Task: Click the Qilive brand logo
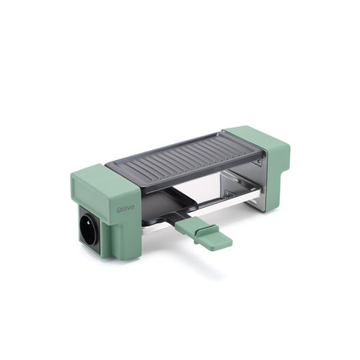click(125, 209)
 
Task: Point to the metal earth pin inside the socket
click(88, 224)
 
